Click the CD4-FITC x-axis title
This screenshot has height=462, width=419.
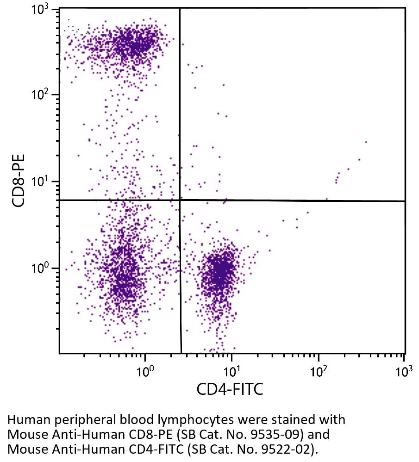point(230,389)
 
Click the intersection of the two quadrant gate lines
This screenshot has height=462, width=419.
point(180,200)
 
